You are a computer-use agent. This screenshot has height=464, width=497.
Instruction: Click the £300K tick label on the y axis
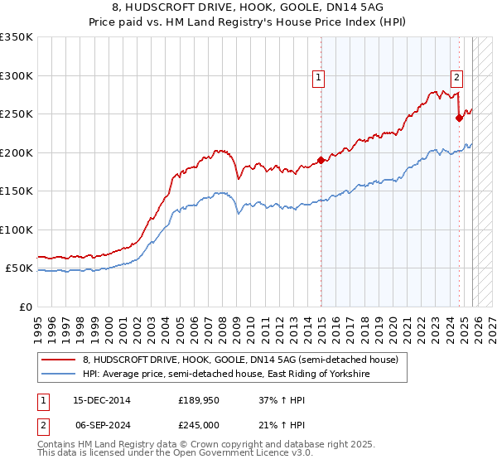[17, 75]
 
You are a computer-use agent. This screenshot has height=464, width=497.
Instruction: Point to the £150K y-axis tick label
[17, 191]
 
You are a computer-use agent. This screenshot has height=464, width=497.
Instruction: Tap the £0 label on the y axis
[25, 307]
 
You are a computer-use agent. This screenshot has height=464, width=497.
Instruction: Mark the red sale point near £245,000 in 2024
[460, 118]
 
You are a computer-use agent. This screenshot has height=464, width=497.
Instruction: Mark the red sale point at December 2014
[321, 160]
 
